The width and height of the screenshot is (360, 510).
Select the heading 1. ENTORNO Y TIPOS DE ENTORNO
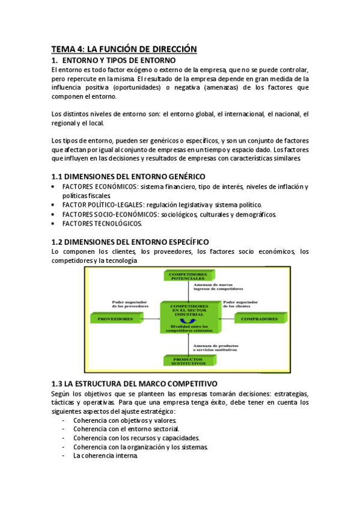114,60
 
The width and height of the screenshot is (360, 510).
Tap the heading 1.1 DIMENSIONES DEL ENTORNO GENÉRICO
128,176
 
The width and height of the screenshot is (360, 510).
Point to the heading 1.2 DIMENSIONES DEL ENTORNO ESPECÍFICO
130,241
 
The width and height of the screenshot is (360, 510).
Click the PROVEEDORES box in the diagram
115,319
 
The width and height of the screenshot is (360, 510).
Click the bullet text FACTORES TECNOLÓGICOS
102,223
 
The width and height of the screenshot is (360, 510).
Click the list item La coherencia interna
106,455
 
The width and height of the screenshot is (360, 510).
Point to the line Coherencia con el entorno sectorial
126,429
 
